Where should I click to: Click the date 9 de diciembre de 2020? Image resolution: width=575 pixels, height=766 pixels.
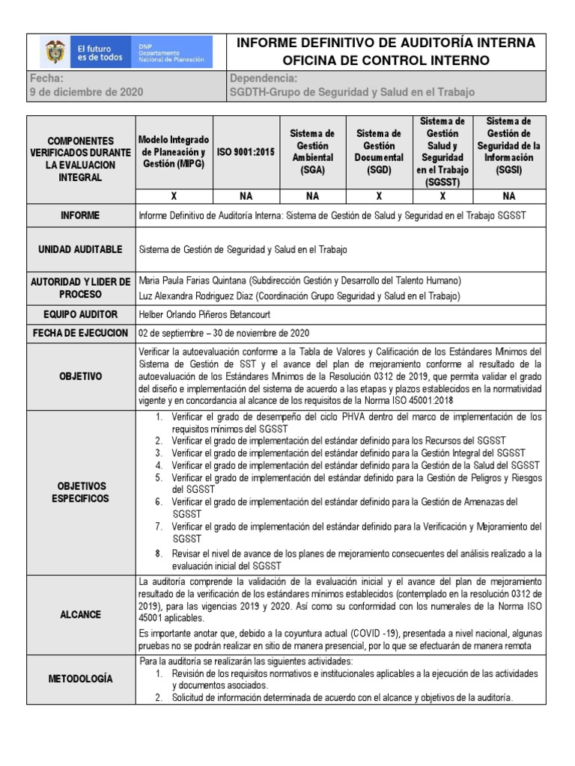point(86,92)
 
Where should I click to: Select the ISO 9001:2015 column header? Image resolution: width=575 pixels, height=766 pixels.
point(246,151)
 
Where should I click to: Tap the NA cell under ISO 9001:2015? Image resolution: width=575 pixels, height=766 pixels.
point(246,196)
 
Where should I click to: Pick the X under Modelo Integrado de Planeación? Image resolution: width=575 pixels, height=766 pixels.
point(174,196)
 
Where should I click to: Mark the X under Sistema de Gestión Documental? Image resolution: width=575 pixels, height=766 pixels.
point(379,196)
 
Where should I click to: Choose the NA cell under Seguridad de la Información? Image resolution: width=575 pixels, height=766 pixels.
point(509,196)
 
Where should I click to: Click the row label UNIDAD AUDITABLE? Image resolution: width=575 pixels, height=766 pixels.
point(81,249)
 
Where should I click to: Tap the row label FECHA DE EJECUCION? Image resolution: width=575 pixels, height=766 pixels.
point(81,333)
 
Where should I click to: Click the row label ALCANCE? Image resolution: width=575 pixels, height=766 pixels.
point(81,613)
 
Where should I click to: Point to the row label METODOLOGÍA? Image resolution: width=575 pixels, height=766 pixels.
point(81,678)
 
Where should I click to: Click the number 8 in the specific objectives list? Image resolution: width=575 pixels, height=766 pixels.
point(158,554)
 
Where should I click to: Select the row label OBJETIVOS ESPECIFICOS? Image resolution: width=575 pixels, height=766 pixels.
point(81,491)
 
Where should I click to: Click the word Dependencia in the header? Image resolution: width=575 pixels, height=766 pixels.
point(264,78)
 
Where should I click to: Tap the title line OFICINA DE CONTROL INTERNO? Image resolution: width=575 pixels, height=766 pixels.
point(386,60)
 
